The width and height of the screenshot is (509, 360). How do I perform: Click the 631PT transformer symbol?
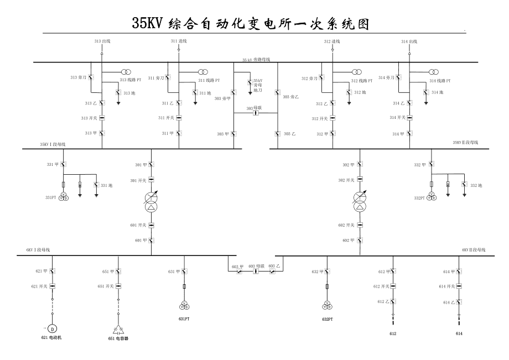[184, 305]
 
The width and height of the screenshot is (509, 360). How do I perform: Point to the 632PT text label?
[327, 319]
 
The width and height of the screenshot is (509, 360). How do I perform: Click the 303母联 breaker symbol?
[256, 113]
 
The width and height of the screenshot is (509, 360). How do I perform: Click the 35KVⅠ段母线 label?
[53, 144]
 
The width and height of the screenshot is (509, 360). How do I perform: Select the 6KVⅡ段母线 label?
[474, 251]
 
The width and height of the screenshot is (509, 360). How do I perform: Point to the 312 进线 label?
[332, 41]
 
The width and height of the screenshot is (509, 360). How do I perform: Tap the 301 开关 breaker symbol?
[152, 180]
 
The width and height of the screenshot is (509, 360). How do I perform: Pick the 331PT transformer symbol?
[65, 197]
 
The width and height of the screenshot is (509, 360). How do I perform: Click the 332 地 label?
[476, 185]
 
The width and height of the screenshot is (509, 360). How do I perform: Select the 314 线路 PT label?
[440, 81]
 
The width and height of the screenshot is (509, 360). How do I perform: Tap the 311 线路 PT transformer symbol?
[204, 72]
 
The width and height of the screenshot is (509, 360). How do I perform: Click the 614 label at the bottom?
[459, 333]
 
